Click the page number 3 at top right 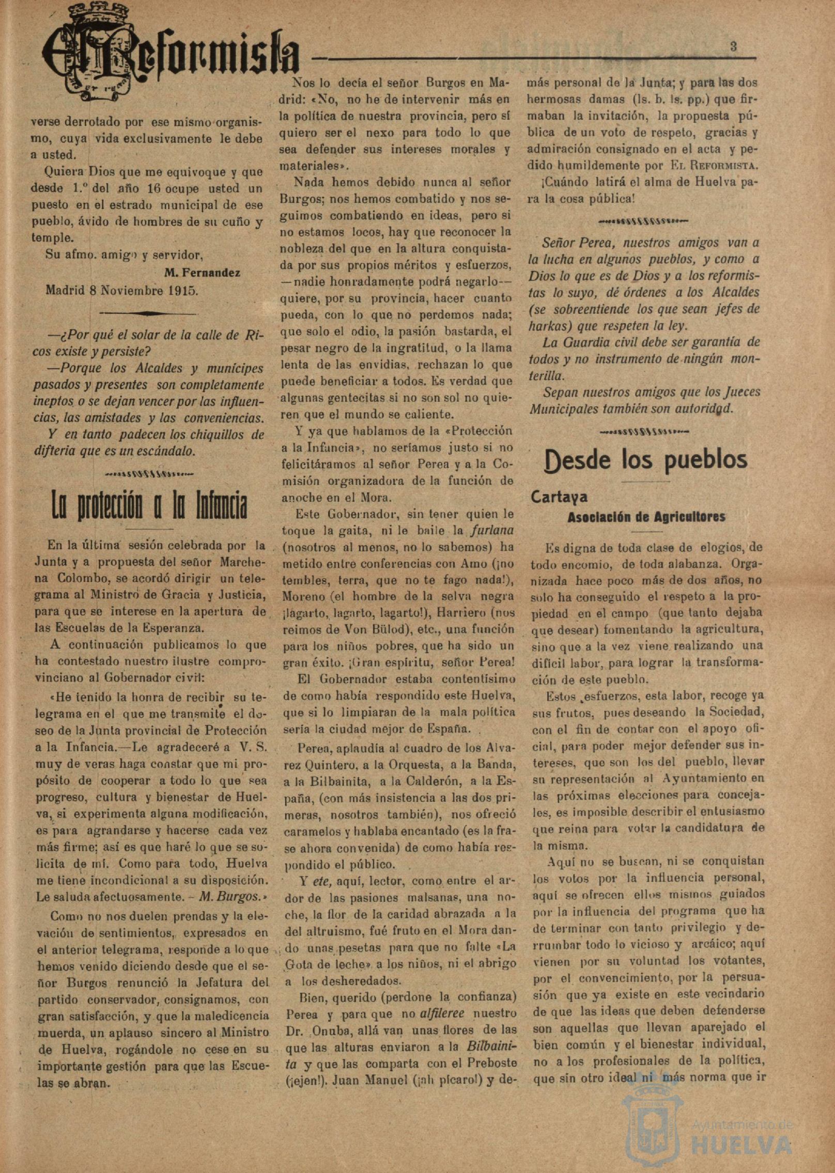pyautogui.click(x=733, y=46)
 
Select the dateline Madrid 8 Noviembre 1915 pyautogui.click(x=122, y=290)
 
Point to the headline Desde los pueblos pyautogui.click(x=646, y=459)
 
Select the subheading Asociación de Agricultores pyautogui.click(x=646, y=517)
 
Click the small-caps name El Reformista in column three pyautogui.click(x=714, y=166)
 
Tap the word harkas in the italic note pyautogui.click(x=548, y=326)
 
